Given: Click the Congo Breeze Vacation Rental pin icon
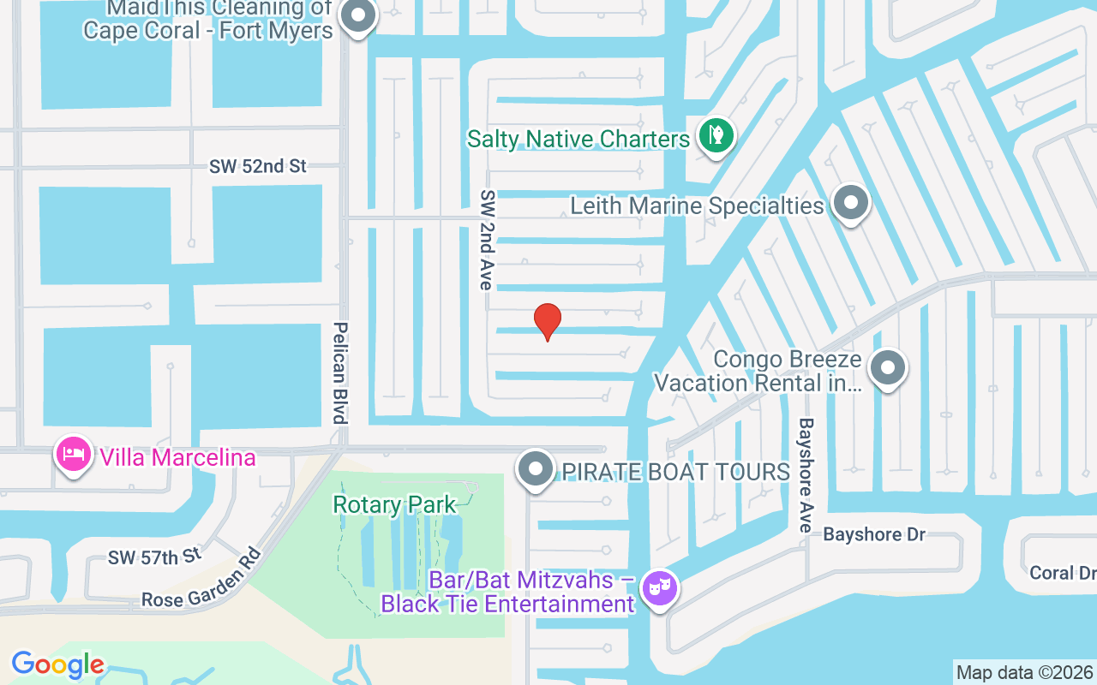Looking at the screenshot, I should click(x=887, y=369).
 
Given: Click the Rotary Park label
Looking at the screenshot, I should click(x=394, y=504).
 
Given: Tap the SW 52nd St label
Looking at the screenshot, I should click(x=257, y=166).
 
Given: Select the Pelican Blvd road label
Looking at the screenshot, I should click(x=340, y=372).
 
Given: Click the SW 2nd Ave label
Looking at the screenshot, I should click(x=487, y=239).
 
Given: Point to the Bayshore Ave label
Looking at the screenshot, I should click(x=806, y=475).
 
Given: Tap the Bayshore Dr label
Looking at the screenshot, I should click(x=874, y=534).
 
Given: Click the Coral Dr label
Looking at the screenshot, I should click(x=1063, y=573).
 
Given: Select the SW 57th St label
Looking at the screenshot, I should click(x=154, y=557).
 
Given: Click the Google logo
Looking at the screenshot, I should click(x=57, y=664).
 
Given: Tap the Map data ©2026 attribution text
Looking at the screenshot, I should click(x=1025, y=672).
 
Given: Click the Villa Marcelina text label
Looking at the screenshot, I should click(x=177, y=457).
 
